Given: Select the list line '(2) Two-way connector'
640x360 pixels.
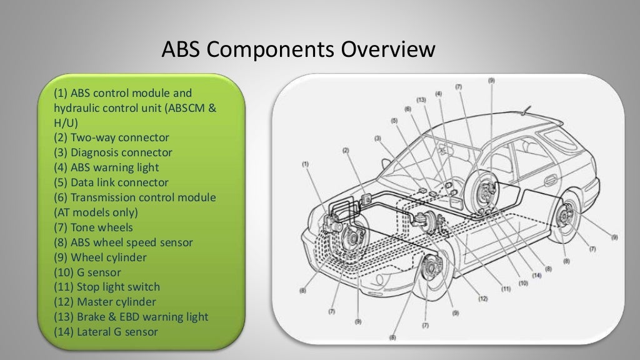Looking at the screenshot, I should coord(111,137).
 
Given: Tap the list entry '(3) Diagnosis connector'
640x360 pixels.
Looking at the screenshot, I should coord(112,152).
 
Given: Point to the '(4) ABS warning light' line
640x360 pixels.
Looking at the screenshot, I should coord(106,167).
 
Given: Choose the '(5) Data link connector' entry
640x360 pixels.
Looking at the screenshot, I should coord(111,182).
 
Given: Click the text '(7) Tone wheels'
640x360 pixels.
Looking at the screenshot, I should coord(93,227).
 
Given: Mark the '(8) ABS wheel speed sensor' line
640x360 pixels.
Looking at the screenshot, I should coord(123,242).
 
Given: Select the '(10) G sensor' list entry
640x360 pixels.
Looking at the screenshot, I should coord(87,272).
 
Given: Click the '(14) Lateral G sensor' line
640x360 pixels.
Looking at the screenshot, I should coord(106,332).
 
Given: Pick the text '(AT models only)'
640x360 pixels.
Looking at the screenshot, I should coord(96,212).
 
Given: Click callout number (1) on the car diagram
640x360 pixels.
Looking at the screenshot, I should coord(305,164).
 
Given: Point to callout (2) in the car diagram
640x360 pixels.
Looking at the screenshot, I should coord(345,151).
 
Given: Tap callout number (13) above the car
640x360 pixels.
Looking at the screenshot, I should coord(421,99).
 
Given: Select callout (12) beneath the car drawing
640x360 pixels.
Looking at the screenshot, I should coord(482,299).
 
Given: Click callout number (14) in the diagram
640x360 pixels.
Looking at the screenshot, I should coord(536,276).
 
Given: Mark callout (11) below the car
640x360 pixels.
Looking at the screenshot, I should coord(506,289).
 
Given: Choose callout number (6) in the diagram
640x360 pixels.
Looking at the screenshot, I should coord(407,109).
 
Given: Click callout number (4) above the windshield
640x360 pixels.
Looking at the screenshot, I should coord(438,94).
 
